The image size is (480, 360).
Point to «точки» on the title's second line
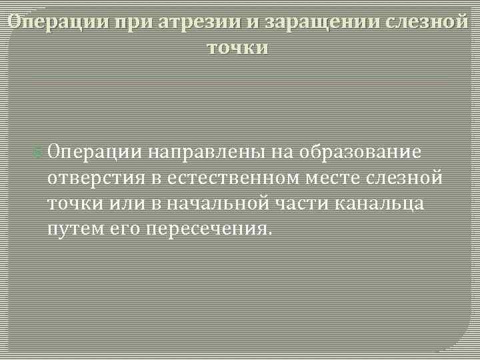tap(239, 47)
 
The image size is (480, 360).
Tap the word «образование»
tap(359, 151)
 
